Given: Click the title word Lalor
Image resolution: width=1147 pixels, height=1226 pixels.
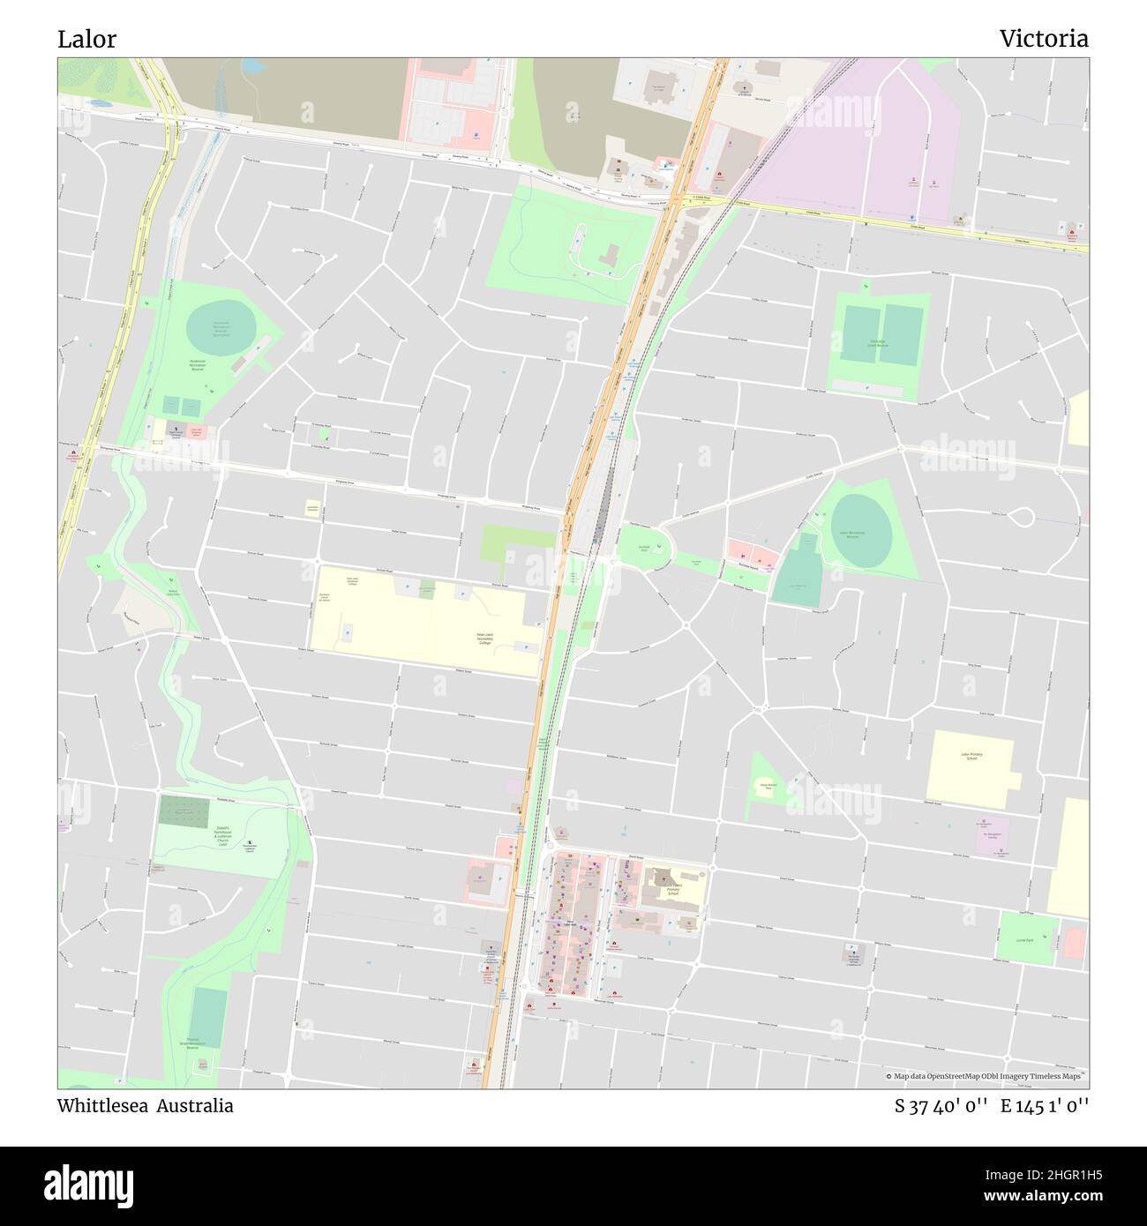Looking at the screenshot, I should point(86,39).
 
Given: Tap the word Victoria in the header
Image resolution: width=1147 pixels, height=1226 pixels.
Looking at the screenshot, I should point(1043,39).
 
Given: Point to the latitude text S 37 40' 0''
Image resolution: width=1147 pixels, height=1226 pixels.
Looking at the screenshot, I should point(941,1106).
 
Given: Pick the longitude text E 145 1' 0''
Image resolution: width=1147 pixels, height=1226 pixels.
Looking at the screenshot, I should point(1045,1106).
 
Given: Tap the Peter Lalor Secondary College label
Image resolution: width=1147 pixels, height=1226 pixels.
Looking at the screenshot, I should point(484,639).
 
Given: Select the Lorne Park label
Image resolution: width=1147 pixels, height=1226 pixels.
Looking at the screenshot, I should point(1024,941).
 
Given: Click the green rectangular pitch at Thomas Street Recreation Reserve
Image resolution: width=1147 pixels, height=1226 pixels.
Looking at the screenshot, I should point(207,1015).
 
